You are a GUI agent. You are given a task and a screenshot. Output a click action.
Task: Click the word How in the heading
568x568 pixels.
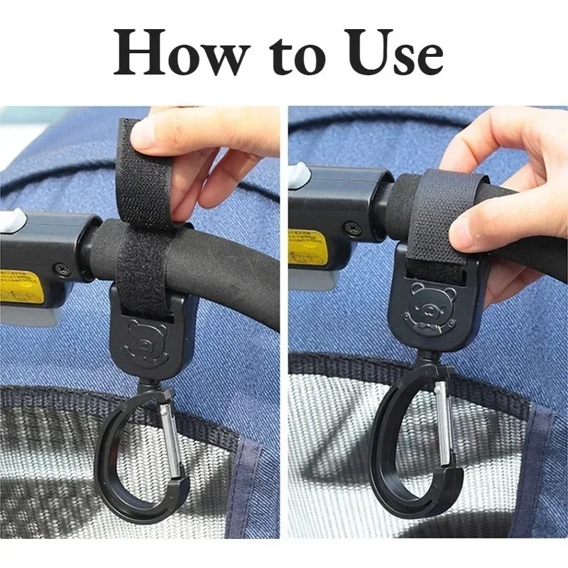point(175,55)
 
